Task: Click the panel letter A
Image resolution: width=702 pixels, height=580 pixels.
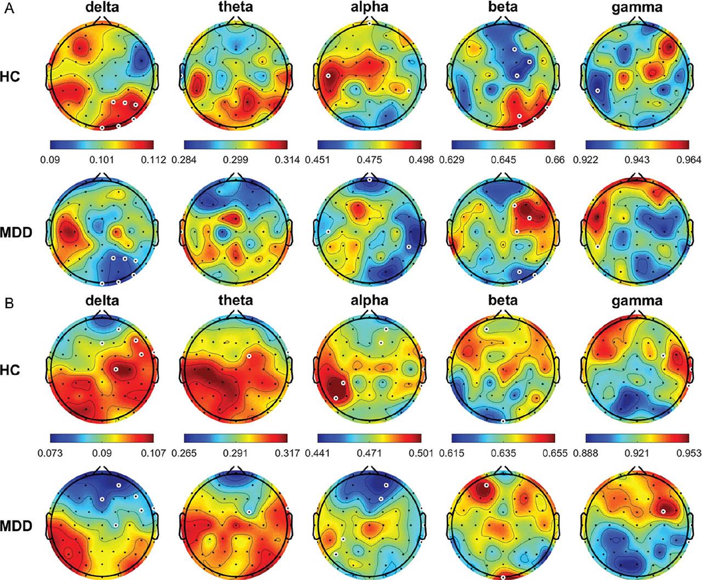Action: tap(8, 9)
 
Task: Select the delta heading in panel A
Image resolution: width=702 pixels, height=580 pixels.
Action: tap(102, 10)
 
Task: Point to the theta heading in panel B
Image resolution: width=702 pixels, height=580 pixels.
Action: tap(235, 300)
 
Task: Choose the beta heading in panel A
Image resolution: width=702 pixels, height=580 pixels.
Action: tap(503, 10)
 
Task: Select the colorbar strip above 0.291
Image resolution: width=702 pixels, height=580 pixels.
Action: tap(236, 437)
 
